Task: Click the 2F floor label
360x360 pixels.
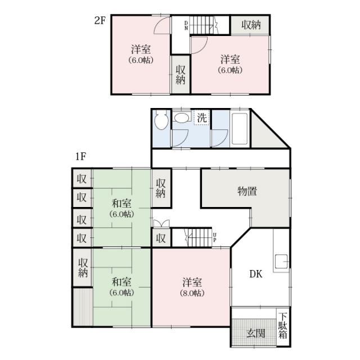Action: [100, 21]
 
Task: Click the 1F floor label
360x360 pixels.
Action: [80, 156]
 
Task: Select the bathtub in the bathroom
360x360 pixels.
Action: [240, 128]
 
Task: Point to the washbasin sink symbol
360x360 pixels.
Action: [182, 117]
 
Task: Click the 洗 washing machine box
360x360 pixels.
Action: [202, 118]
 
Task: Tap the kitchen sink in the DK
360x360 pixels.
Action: [281, 262]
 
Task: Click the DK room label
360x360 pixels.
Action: [256, 274]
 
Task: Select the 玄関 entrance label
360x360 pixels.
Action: [255, 333]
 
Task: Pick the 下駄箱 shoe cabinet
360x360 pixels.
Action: [283, 326]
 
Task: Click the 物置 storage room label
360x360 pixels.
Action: [247, 191]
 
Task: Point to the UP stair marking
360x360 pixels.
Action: [215, 237]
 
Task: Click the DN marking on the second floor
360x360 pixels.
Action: [186, 25]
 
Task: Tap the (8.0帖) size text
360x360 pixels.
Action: [192, 293]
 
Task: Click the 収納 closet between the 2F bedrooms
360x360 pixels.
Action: [181, 74]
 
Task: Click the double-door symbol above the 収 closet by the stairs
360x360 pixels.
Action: [161, 224]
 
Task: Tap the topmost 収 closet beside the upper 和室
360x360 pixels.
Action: [82, 178]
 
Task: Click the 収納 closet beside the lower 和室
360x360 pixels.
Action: [83, 268]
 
